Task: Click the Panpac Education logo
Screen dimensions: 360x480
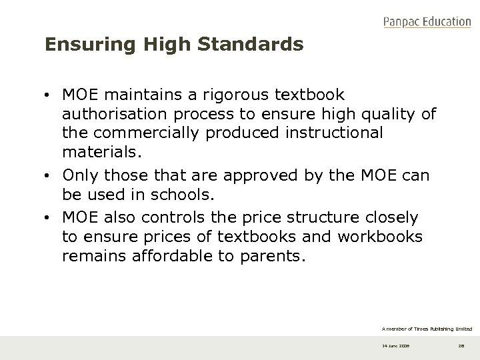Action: [x=427, y=22]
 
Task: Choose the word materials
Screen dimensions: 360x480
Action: [x=101, y=151]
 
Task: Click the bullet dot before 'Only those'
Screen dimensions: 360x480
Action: [x=51, y=177]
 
